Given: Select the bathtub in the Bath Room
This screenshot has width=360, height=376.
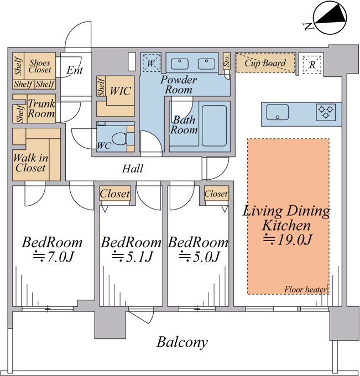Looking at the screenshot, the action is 214,126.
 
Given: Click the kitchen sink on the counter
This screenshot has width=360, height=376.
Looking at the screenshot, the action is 277,112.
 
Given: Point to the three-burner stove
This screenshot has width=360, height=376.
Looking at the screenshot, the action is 326,112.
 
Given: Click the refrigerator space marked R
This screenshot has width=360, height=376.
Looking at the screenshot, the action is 312,65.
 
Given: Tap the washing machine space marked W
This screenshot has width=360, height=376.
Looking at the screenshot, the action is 150,63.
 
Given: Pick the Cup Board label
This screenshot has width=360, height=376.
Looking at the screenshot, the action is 265,63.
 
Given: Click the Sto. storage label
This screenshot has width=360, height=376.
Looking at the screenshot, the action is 227,61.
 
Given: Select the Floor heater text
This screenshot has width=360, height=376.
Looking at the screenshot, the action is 305,289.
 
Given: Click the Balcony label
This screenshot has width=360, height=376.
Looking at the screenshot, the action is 182,342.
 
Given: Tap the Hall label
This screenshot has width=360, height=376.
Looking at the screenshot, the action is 133,169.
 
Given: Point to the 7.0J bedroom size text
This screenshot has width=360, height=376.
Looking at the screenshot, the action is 53,257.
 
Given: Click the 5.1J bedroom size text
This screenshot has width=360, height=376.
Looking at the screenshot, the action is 132,257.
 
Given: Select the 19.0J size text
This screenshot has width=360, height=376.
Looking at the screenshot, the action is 288,239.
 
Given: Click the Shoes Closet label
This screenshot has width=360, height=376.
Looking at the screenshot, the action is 40,66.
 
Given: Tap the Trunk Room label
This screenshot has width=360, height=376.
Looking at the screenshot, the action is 41,108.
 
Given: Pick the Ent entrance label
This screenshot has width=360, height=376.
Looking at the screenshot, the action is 75,70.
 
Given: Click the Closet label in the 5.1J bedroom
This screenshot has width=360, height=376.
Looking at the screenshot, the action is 115,194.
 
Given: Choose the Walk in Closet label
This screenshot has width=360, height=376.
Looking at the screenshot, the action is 30,163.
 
